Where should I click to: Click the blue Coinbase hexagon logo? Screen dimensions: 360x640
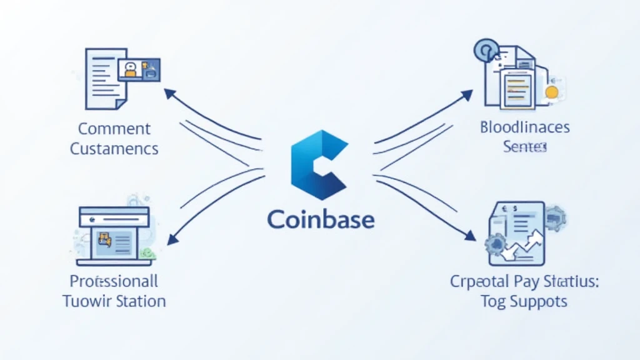click(319, 161)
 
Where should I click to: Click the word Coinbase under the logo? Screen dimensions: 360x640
click(321, 219)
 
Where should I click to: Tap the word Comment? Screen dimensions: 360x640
click(114, 129)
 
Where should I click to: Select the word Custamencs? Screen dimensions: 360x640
click(114, 149)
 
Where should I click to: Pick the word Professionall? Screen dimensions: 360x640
click(114, 280)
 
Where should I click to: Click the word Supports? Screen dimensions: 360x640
click(536, 301)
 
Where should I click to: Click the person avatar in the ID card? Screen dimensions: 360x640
click(131, 68)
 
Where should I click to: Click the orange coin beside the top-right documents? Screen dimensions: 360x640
click(551, 92)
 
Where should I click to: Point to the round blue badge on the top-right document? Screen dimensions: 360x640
click(486, 49)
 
